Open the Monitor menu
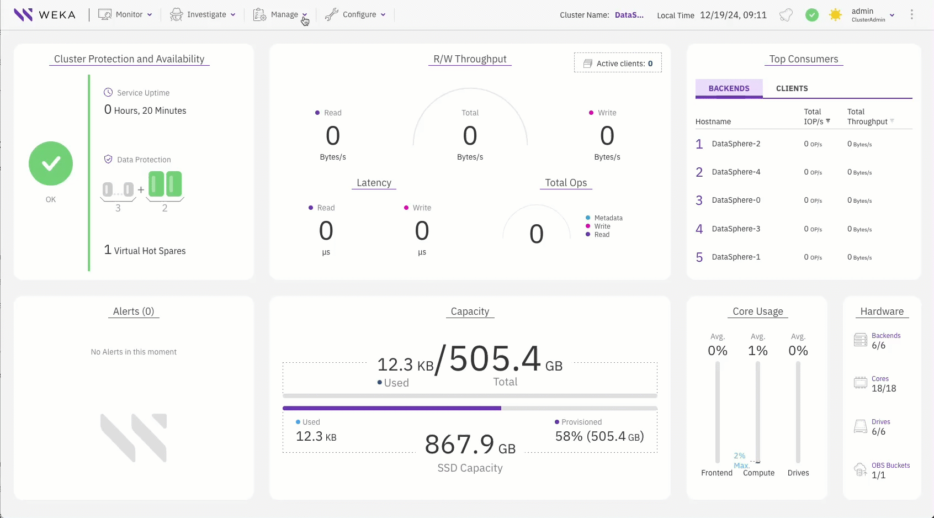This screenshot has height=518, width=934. [125, 15]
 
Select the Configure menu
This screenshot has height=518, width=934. [355, 15]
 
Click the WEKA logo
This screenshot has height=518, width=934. [45, 15]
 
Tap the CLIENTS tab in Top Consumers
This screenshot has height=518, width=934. [792, 88]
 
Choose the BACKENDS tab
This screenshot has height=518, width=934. [729, 88]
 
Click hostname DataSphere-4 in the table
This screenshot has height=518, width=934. [736, 172]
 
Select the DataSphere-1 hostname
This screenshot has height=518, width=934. [736, 257]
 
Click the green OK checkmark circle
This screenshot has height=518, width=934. [51, 163]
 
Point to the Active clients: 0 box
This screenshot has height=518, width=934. [618, 64]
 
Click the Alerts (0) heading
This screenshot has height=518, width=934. [134, 311]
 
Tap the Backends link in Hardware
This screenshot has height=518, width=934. [886, 336]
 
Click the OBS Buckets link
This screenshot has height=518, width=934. [890, 466]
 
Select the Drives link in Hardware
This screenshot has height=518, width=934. [880, 422]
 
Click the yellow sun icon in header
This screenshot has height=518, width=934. [835, 15]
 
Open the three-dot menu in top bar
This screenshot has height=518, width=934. [911, 15]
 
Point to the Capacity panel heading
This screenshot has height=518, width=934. [470, 311]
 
